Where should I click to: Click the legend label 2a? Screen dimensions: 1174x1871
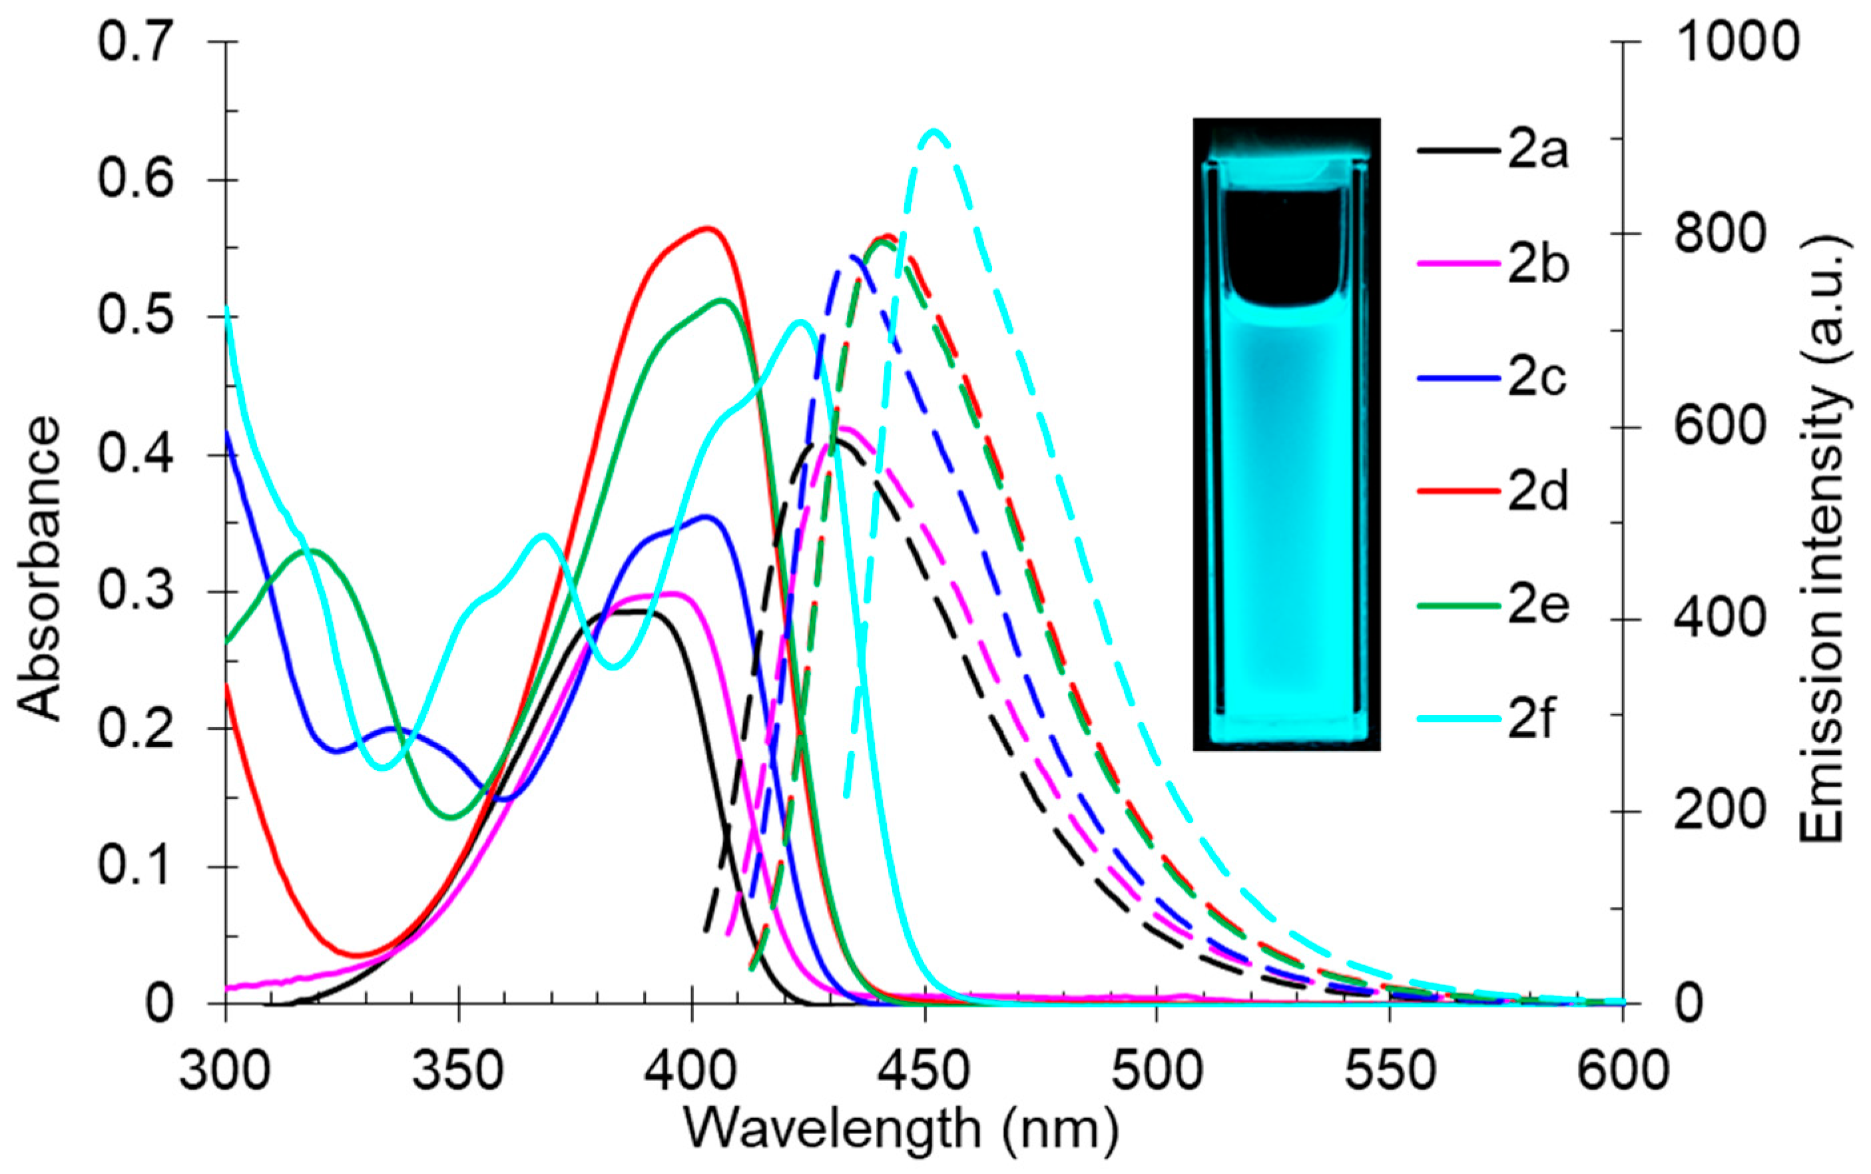1537,150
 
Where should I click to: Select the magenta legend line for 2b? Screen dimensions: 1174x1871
1458,264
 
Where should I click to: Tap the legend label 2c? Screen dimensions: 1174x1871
1537,378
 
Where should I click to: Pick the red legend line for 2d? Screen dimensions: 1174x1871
1458,491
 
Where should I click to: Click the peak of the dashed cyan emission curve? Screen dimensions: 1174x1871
934,131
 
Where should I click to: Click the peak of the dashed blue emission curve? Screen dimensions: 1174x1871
852,256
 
